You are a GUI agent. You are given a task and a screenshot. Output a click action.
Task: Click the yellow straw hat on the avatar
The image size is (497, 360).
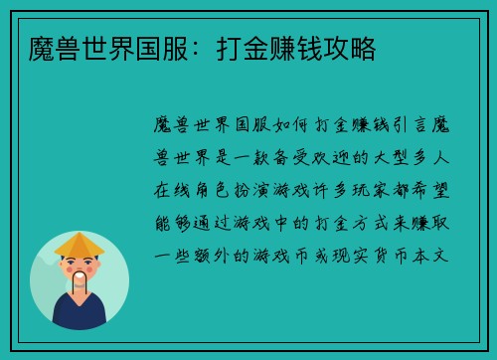tap(80, 245)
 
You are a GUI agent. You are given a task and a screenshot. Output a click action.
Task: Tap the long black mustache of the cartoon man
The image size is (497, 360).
tap(80, 281)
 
